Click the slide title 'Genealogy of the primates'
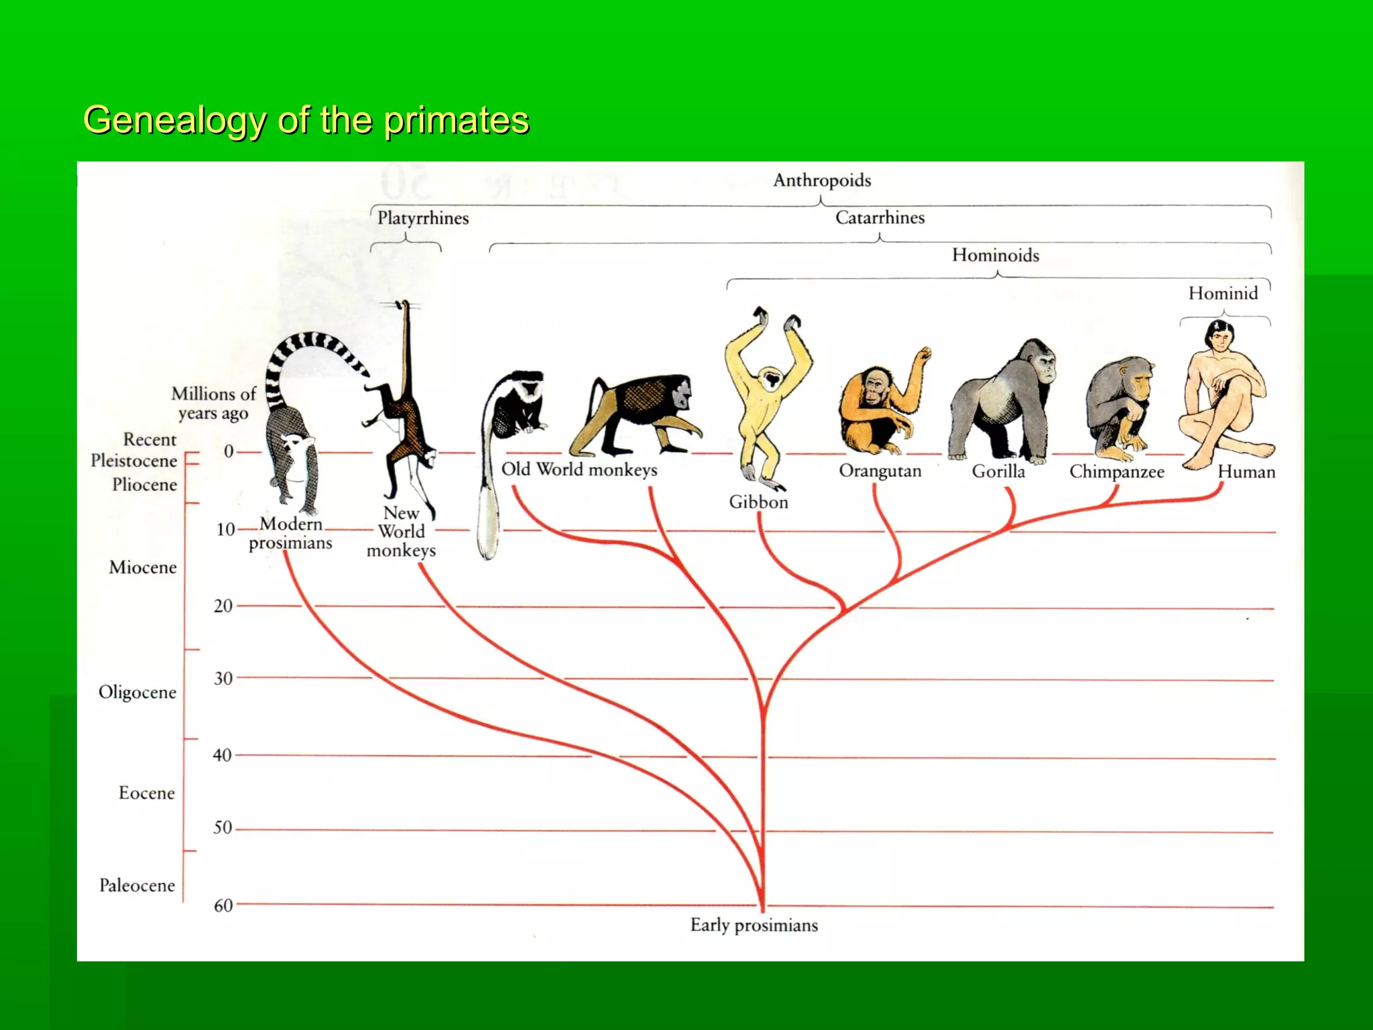coord(306,121)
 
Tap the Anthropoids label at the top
coord(822,180)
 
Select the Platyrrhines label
coord(422,218)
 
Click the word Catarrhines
coord(880,218)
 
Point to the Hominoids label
coord(995,255)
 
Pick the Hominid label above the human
coord(1223,293)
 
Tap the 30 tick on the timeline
coord(223,678)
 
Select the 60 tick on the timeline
coord(223,905)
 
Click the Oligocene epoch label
coord(137,692)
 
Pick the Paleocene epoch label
coord(137,885)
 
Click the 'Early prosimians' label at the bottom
coord(754,925)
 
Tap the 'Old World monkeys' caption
coord(579,469)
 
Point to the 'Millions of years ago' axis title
coord(213,403)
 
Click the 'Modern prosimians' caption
coord(290,533)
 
